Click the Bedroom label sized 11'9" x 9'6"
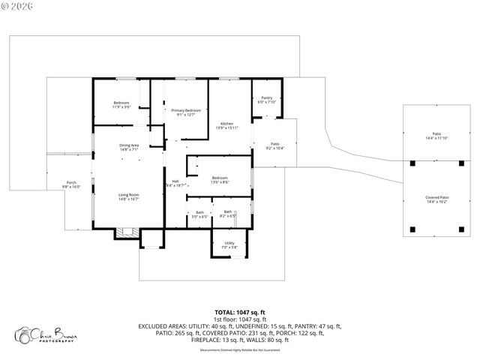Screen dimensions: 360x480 coord(121,104)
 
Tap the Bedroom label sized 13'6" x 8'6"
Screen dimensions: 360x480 coord(220,179)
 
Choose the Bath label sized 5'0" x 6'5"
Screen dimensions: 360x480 coord(200,214)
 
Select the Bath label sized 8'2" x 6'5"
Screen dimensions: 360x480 coord(228,214)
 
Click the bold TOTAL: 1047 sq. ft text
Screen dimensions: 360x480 coord(240,312)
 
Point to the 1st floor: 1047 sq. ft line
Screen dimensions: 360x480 coord(240,319)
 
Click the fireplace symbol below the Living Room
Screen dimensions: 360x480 coord(124,234)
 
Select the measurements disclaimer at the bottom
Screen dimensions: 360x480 coord(240,350)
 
